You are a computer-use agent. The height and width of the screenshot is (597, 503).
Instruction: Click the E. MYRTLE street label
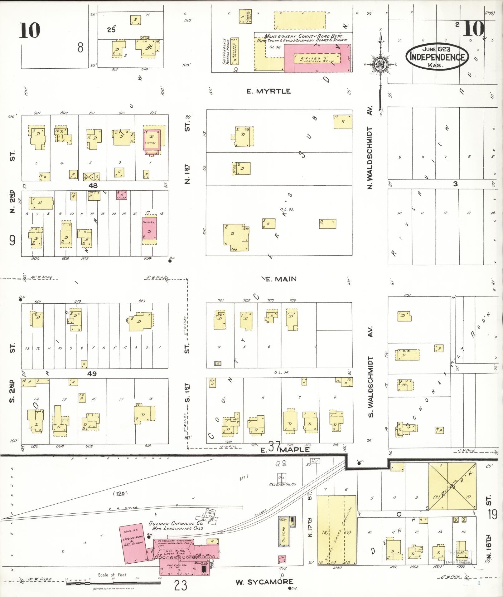click(x=268, y=91)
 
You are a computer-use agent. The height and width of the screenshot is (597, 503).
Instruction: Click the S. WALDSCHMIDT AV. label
click(x=370, y=371)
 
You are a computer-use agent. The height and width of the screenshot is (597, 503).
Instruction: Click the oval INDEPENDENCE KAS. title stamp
click(x=437, y=57)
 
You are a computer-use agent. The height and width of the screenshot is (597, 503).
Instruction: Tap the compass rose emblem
click(x=380, y=65)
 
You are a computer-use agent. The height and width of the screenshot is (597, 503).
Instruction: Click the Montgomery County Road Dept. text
click(x=303, y=36)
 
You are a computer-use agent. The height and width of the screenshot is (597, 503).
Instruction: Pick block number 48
click(x=93, y=185)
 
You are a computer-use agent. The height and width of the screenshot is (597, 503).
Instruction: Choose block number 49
click(x=92, y=374)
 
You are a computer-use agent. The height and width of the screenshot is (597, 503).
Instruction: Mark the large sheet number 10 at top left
click(x=30, y=30)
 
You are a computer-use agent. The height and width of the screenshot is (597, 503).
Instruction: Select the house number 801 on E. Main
click(x=407, y=295)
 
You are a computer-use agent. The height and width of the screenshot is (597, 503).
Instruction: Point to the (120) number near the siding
click(x=120, y=493)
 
